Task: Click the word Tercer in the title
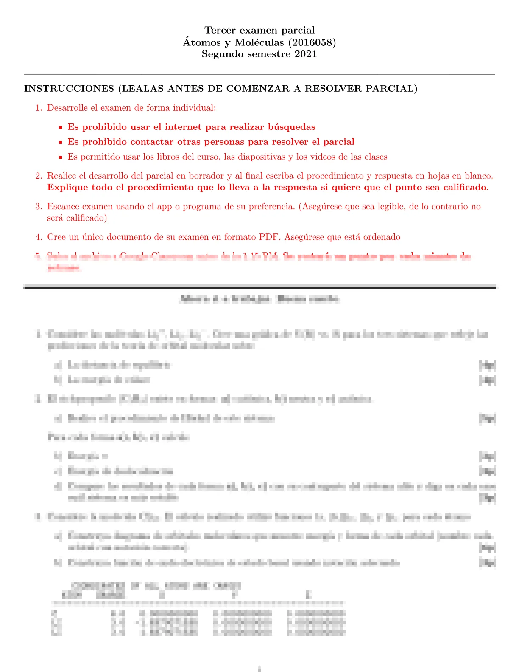(218, 30)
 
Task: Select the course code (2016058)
(315, 42)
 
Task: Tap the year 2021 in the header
(306, 54)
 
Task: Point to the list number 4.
(39, 237)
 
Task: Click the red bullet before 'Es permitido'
(61, 157)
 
